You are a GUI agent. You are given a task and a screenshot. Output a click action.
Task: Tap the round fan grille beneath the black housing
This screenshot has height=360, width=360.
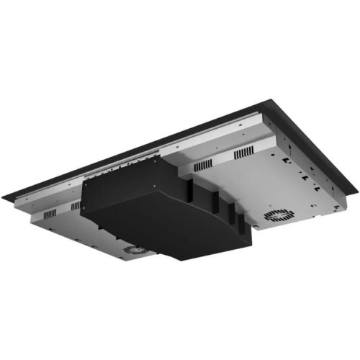click(135, 249)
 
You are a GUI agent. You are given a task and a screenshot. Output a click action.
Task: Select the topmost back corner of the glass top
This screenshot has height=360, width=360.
click(270, 102)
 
